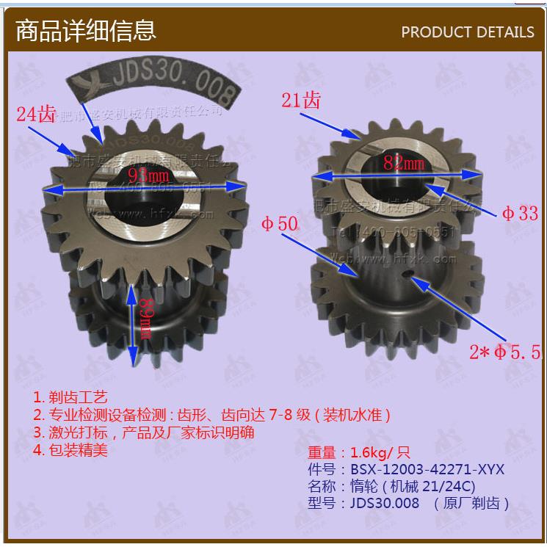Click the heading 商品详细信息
pyautogui.click(x=85, y=30)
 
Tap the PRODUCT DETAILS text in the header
pyautogui.click(x=468, y=32)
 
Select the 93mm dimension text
pyautogui.click(x=148, y=175)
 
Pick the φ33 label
pyautogui.click(x=520, y=213)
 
